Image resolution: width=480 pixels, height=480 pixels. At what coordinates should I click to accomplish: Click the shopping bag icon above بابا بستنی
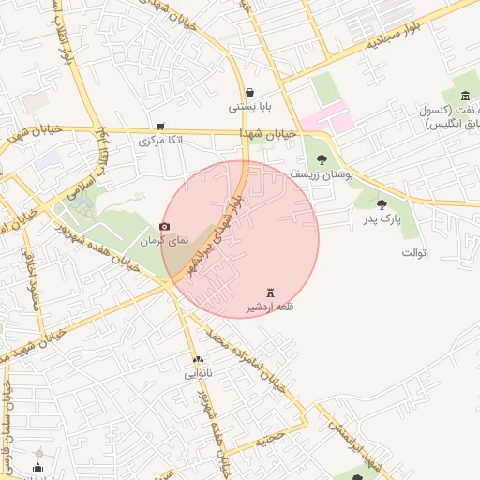pos(250,92)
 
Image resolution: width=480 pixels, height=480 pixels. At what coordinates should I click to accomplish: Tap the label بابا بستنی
pos(250,107)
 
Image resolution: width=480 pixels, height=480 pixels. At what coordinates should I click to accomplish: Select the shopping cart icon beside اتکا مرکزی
pos(160,126)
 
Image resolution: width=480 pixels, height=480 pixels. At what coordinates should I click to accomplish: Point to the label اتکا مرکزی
pos(161,141)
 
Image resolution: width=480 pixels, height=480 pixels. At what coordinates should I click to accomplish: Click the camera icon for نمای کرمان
pos(165,226)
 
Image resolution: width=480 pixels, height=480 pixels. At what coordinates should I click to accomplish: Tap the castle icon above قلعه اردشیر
pos(271,292)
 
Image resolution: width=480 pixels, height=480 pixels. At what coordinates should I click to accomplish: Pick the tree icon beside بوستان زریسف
pos(322,159)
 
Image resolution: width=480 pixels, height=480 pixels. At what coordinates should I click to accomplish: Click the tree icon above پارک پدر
pos(382,204)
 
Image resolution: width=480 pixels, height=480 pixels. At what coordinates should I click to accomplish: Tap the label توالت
pos(414,253)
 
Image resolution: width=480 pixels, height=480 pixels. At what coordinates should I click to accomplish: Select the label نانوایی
pos(198,373)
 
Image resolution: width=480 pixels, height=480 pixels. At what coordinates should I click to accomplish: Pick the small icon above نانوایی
pos(198,359)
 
